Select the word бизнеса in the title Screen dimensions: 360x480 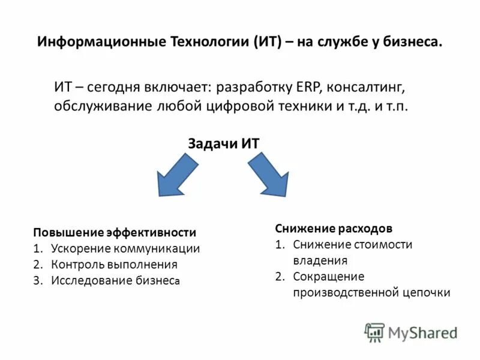coord(412,42)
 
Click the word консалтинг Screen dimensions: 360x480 coord(368,86)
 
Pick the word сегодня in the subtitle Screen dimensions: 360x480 coord(115,86)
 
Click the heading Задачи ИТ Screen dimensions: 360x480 coord(224,144)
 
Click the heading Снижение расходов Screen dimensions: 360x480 coord(334,229)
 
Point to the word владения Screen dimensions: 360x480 coord(320,260)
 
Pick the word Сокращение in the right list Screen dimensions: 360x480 coord(329,277)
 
